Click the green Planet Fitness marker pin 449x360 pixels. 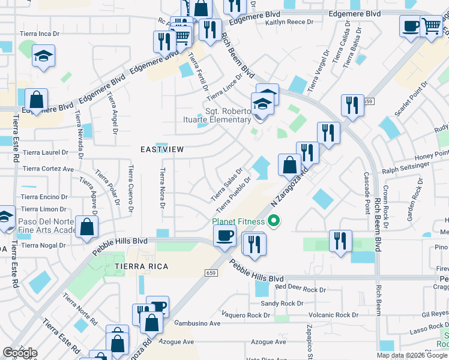pos(274,222)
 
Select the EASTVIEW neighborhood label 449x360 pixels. pos(161,149)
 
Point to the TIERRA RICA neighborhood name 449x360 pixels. pos(137,265)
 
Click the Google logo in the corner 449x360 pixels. pos(20,353)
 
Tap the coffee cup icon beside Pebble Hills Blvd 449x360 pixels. pos(224,235)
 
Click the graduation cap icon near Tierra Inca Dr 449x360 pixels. pos(43,56)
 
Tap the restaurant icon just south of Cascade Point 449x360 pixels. pos(340,241)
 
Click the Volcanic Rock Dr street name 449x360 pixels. pos(333,315)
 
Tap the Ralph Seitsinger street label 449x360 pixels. pos(406,170)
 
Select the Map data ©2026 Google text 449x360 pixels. pos(412,355)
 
